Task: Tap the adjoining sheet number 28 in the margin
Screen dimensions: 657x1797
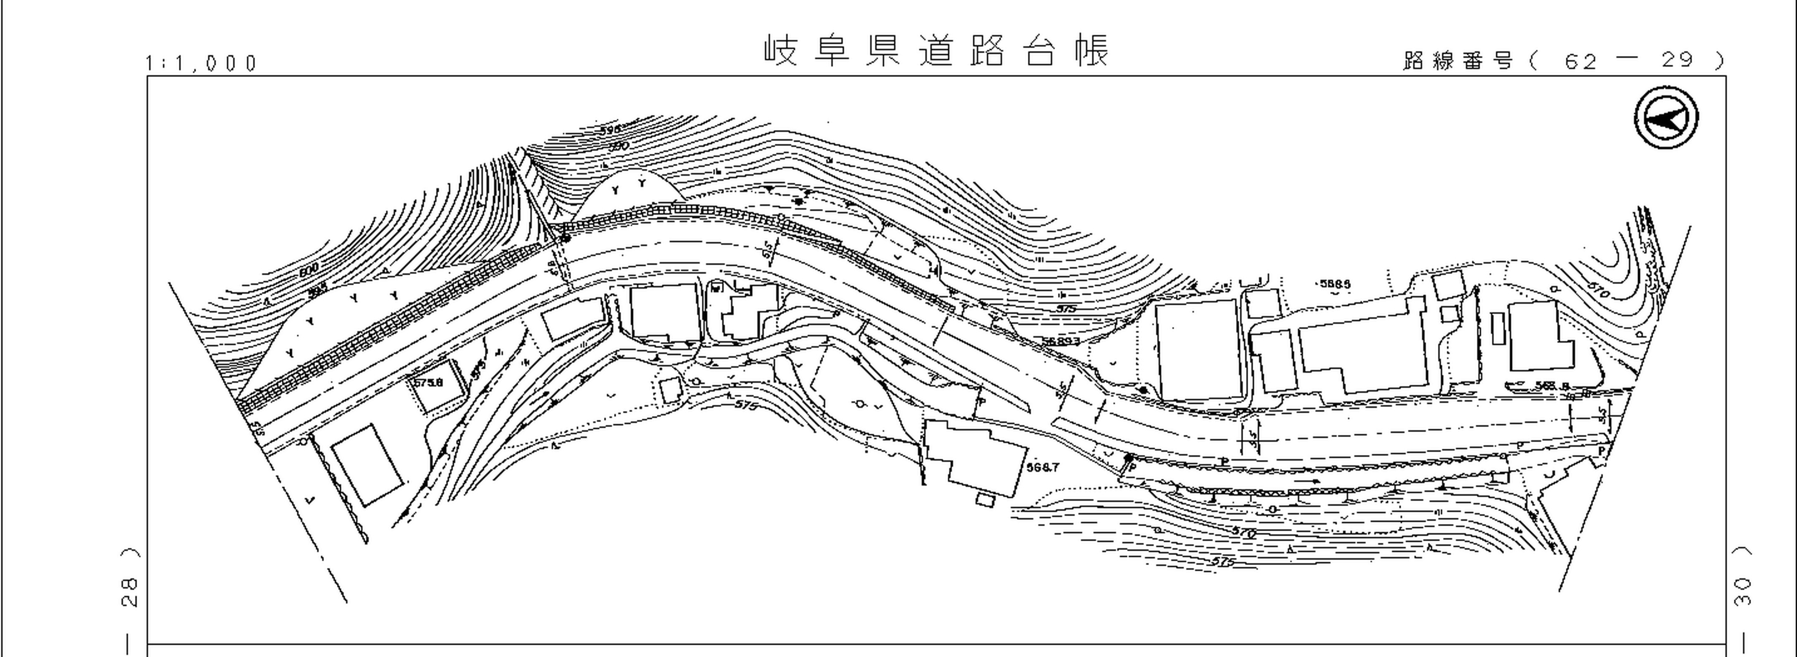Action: coord(130,592)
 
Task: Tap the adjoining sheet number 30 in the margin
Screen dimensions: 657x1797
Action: coord(1742,592)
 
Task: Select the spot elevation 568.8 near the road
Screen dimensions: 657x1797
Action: coord(1552,386)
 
